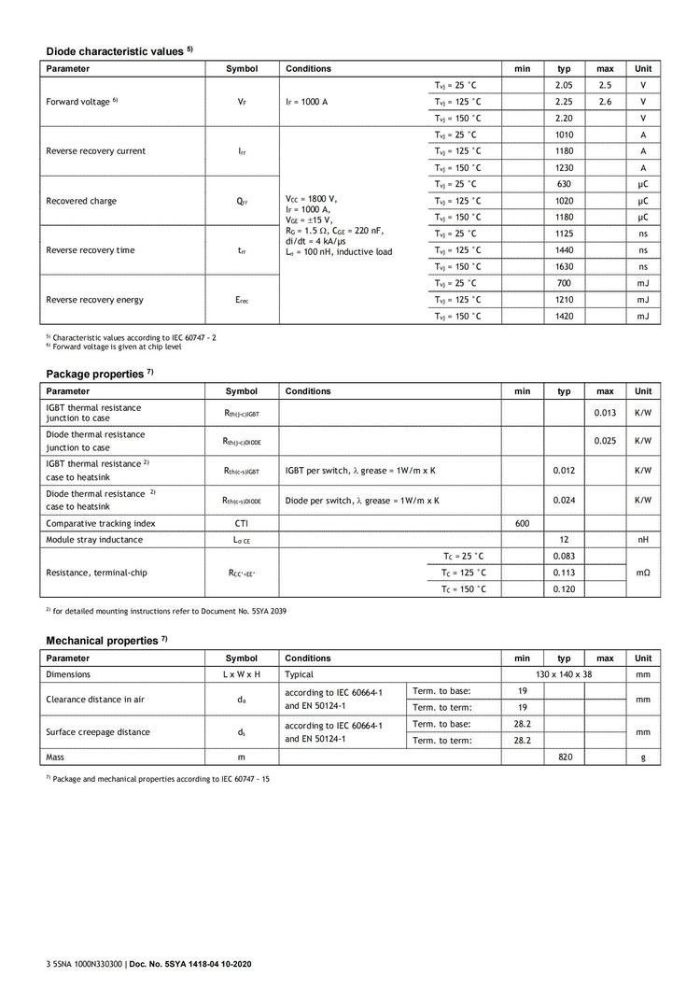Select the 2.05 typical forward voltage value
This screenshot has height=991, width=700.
tap(564, 85)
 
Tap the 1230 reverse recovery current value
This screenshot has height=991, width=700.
tap(564, 167)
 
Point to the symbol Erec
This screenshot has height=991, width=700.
tap(242, 300)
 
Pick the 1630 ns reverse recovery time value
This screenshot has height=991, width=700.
tap(564, 266)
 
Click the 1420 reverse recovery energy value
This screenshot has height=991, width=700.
tap(564, 317)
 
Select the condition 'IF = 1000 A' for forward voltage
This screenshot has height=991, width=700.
tap(306, 102)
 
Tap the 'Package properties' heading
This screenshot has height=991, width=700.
tap(96, 374)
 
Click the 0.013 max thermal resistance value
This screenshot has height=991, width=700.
tap(605, 412)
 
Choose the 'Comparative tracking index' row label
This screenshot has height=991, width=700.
tap(101, 524)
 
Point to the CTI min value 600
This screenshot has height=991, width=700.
tap(523, 524)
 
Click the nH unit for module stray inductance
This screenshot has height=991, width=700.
tap(643, 540)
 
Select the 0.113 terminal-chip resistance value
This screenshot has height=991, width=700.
tap(564, 573)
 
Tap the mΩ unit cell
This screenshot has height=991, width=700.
tap(643, 573)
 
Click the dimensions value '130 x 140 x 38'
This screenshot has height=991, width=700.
tap(564, 673)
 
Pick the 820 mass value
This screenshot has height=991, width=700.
tap(564, 757)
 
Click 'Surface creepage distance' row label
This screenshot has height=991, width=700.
tap(98, 732)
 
